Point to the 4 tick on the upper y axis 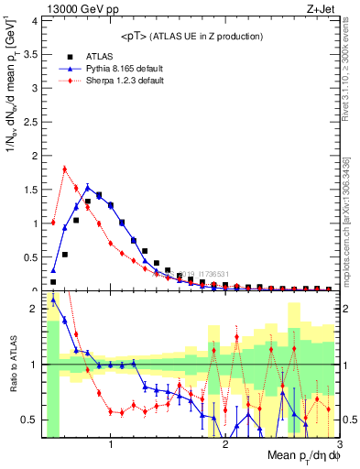[35, 20]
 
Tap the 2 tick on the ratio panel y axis [35, 309]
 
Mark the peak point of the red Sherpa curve [64, 169]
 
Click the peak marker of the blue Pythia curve [88, 187]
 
